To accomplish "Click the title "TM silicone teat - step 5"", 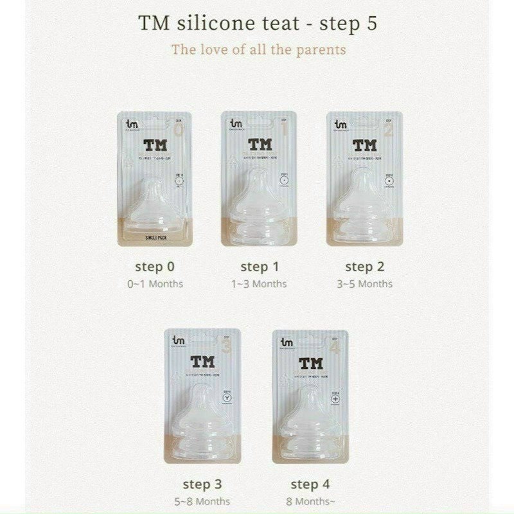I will coord(258,23).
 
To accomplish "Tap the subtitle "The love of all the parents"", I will coord(258,49).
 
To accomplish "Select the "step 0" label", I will coord(155,266).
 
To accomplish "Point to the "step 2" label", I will coord(365,266).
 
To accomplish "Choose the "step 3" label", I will coord(202,484).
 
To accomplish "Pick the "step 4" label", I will coord(310,484).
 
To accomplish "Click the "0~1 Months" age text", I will coord(155,283).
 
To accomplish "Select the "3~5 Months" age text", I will coord(365,283).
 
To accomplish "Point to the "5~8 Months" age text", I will coord(202,501).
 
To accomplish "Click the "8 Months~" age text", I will coord(310,501).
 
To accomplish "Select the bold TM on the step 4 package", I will coord(310,362).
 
